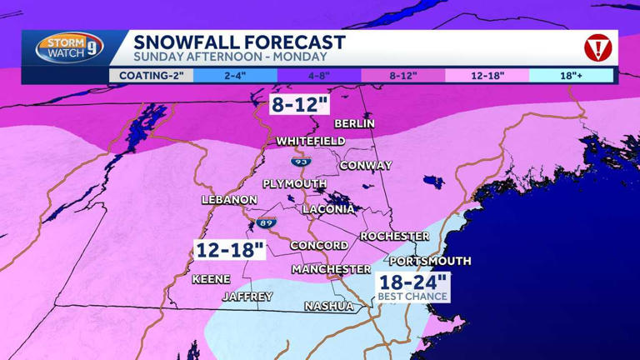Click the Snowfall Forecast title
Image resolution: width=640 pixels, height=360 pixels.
[x=239, y=42]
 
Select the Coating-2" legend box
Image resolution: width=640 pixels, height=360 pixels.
[x=151, y=76]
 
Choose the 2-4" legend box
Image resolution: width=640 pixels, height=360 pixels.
[x=235, y=76]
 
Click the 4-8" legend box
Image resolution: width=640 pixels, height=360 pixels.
[x=319, y=76]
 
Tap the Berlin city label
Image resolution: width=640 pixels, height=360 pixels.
[x=354, y=123]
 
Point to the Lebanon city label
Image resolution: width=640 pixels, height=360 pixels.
[x=229, y=200]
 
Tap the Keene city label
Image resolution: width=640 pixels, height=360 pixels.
[x=211, y=279]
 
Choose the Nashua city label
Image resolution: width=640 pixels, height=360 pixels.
[x=328, y=306]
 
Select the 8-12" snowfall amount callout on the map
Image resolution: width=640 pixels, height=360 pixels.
[x=299, y=104]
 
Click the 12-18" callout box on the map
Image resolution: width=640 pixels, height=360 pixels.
[x=229, y=249]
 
